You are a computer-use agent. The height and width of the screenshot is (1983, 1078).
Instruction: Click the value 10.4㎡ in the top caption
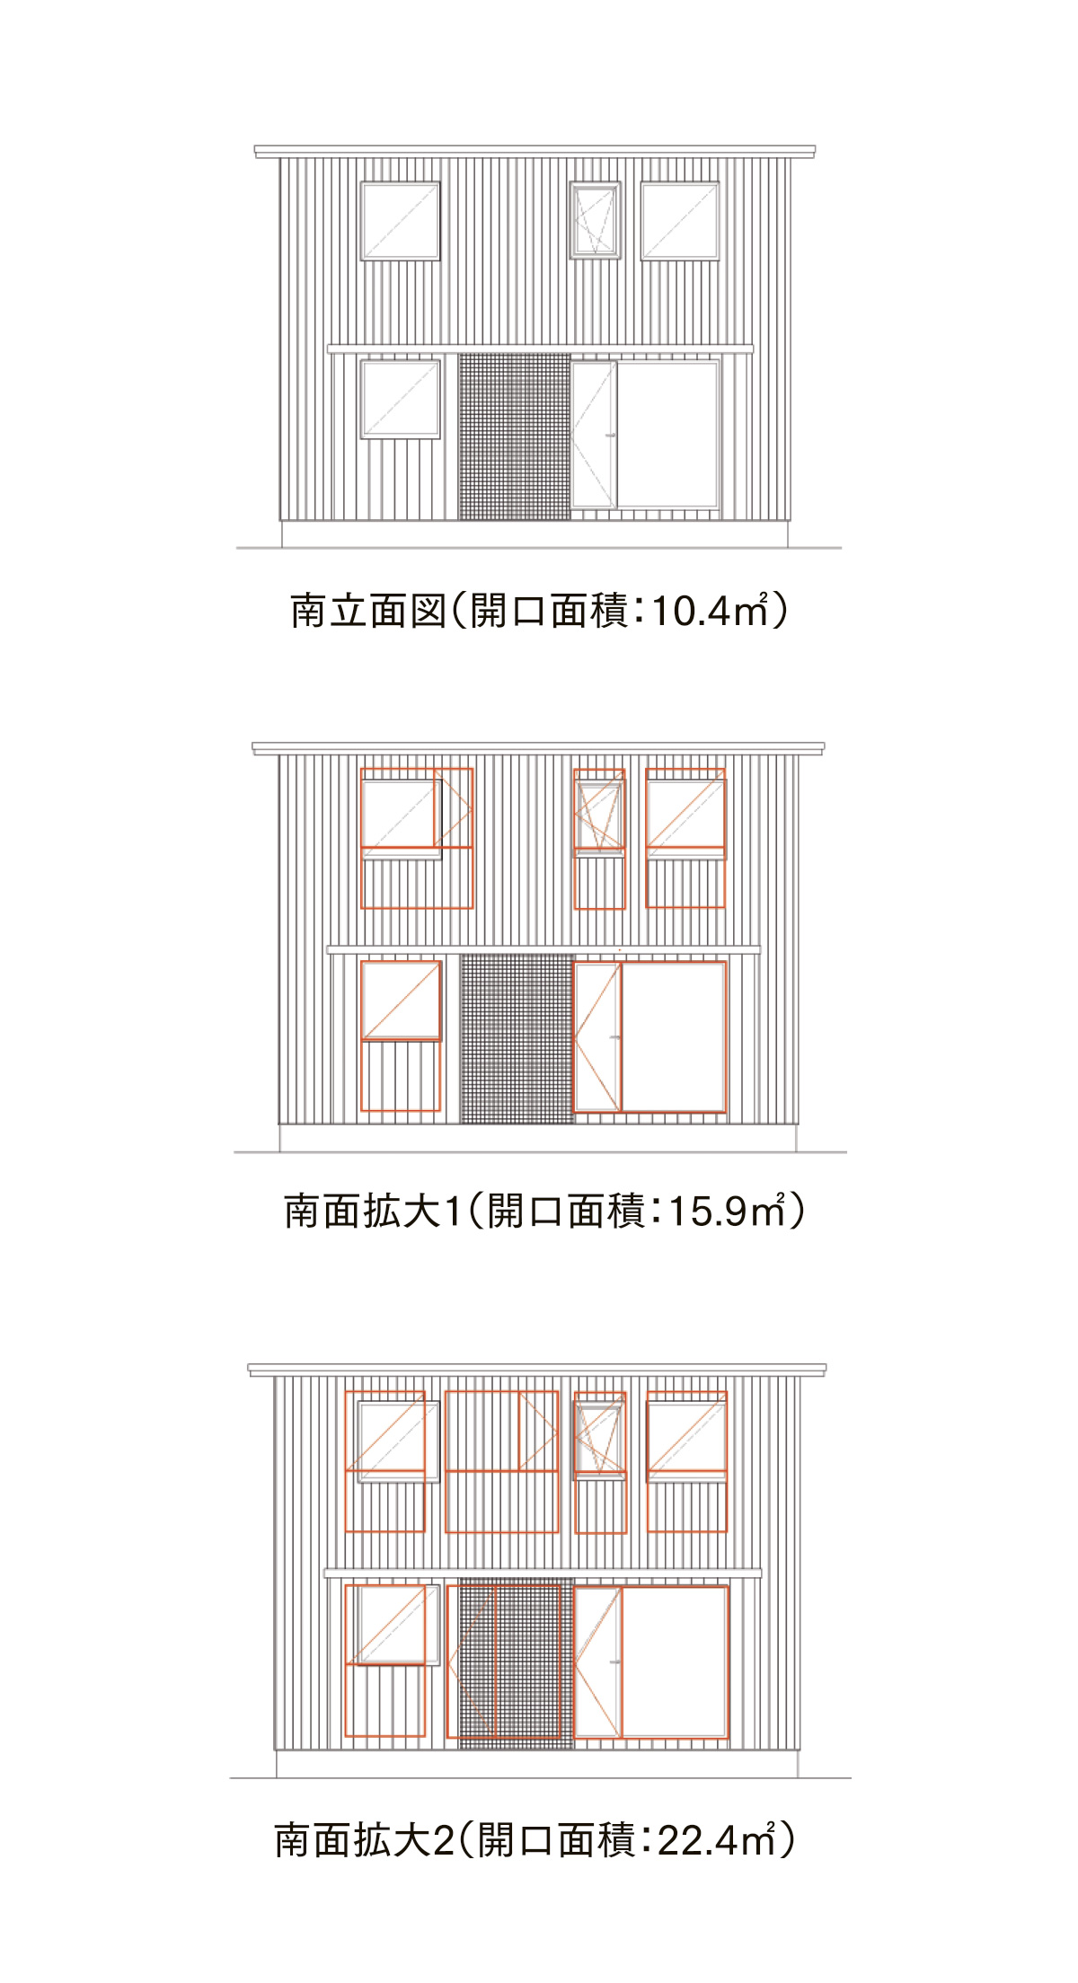click(x=711, y=611)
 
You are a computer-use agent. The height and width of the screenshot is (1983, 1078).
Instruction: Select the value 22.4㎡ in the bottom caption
click(x=718, y=1840)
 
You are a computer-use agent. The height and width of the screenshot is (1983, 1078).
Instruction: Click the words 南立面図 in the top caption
click(x=368, y=611)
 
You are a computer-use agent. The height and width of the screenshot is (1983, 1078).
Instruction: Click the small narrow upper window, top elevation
click(x=596, y=221)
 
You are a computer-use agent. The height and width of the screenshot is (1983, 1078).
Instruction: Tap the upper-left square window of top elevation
click(x=401, y=221)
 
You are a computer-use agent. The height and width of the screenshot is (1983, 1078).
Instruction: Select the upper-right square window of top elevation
click(x=680, y=221)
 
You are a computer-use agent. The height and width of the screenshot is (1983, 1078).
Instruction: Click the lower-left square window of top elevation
click(x=401, y=400)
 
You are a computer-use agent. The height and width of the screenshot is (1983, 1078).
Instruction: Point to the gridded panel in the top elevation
click(x=515, y=436)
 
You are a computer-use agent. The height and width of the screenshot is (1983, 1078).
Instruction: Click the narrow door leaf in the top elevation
click(x=594, y=435)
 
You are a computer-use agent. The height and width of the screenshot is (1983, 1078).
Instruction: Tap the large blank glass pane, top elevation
click(x=669, y=435)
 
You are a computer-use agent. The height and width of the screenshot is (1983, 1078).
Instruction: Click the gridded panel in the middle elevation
click(x=517, y=1038)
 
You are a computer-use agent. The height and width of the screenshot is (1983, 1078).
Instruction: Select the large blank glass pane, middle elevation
click(x=674, y=1037)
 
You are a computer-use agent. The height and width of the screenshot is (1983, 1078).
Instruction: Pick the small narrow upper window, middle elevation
click(x=600, y=813)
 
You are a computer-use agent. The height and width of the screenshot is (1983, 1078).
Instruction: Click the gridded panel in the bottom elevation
click(x=517, y=1663)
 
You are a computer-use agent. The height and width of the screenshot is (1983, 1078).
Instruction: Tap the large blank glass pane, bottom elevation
click(x=675, y=1661)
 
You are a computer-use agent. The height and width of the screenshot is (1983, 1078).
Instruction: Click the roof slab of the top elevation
click(x=535, y=151)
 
